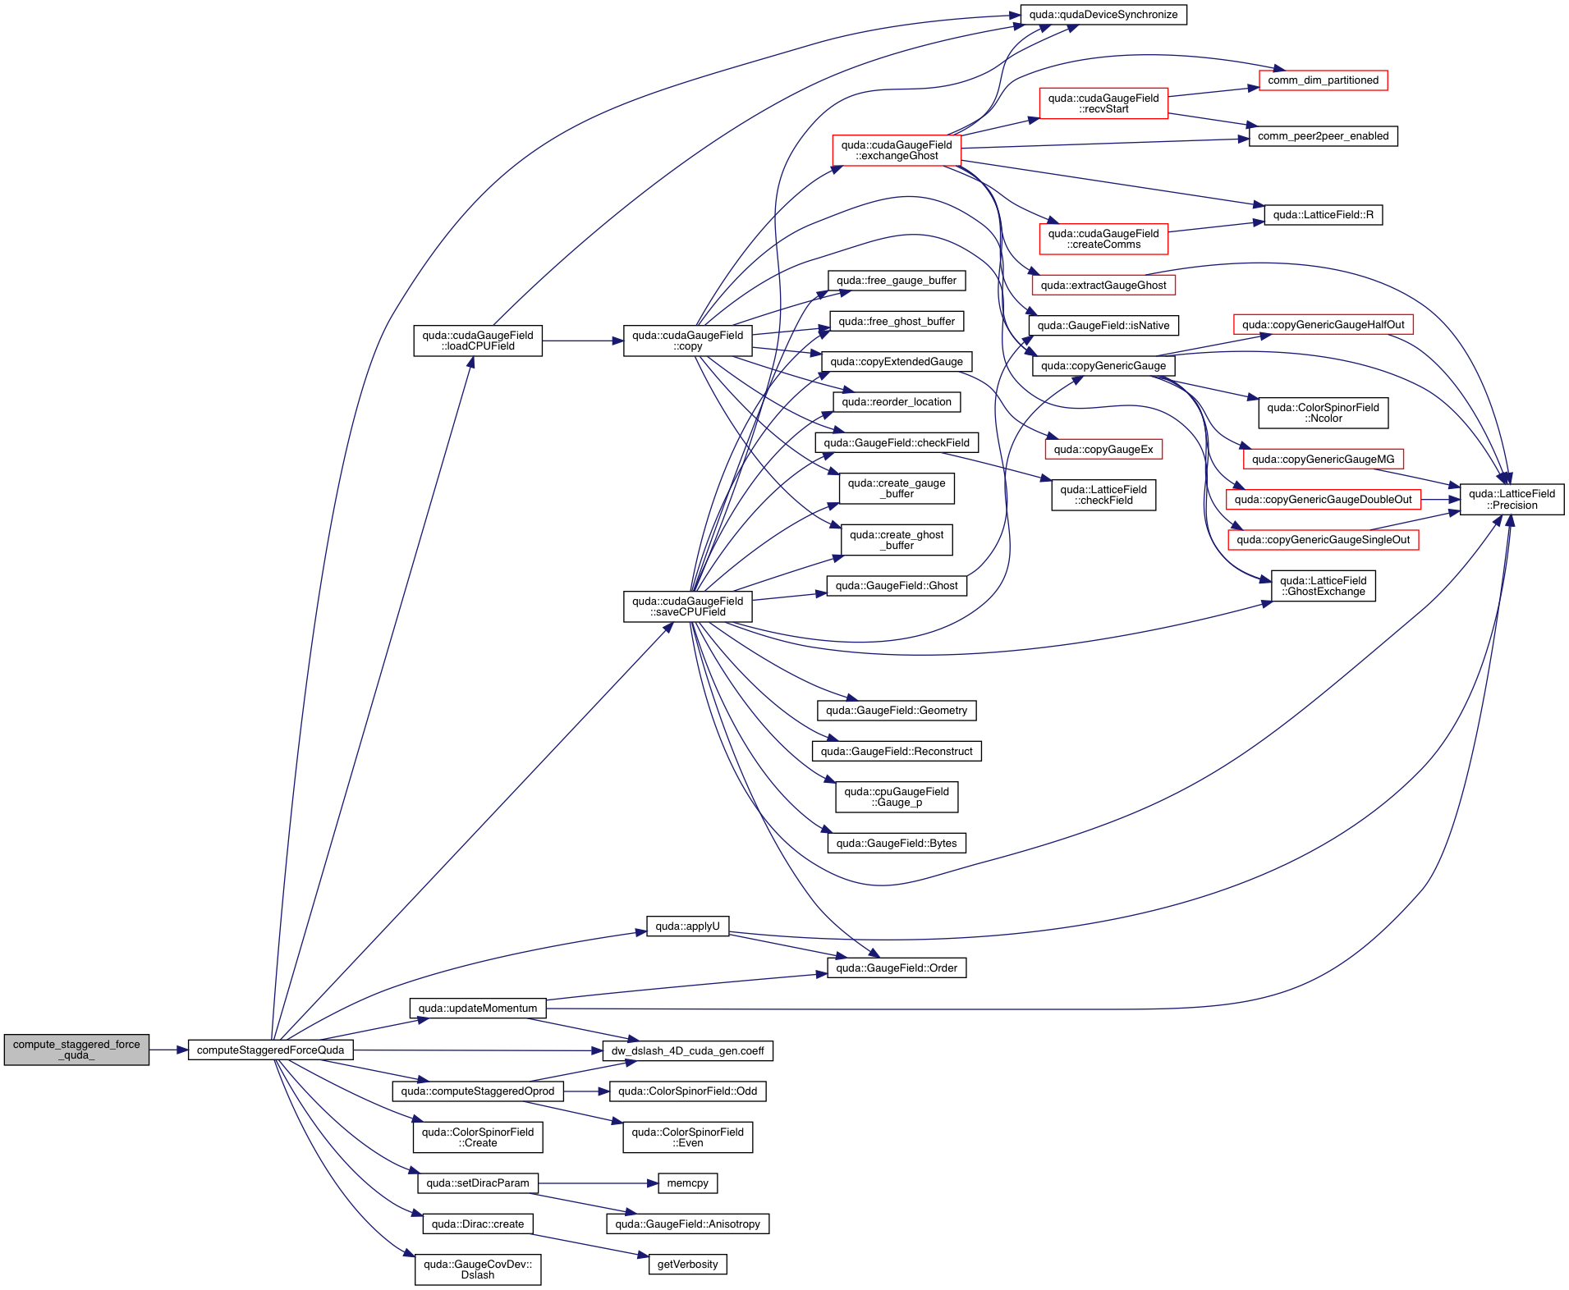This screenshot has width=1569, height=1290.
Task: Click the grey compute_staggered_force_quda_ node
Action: pos(76,1050)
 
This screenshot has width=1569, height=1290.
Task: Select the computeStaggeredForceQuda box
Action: pos(271,1050)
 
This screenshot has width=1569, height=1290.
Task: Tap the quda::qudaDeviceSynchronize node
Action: pos(1103,15)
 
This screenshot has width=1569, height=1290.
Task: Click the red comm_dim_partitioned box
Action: pos(1323,80)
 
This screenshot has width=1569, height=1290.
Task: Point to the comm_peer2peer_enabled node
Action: pos(1323,136)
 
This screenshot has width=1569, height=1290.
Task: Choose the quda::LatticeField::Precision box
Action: pos(1511,500)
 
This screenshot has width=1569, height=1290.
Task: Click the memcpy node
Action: pos(687,1183)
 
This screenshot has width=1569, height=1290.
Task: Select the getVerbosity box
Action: pos(687,1265)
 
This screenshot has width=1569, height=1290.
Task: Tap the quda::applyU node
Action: pos(687,926)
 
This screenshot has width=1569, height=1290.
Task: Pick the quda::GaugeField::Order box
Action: pos(897,968)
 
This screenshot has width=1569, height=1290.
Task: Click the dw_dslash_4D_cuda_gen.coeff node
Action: pos(687,1051)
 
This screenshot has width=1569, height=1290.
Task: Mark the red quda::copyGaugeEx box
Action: pos(1103,450)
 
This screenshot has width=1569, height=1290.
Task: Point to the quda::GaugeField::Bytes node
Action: pos(897,844)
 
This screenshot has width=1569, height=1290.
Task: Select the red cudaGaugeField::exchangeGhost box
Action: pos(896,151)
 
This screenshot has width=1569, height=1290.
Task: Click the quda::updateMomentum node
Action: pos(478,1009)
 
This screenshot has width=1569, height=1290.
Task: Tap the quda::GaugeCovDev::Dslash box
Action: pos(478,1270)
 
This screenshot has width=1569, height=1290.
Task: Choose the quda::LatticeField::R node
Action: pos(1323,215)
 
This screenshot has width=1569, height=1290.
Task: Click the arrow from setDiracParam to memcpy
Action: pos(599,1183)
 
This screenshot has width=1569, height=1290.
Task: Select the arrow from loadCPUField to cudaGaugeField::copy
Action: pos(582,341)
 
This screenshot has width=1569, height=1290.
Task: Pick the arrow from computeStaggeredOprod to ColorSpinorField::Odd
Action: pos(586,1091)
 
